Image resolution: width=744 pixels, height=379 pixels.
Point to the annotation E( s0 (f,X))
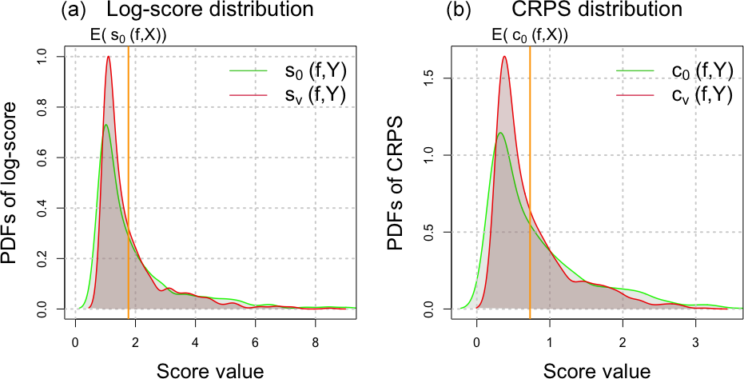coord(128,36)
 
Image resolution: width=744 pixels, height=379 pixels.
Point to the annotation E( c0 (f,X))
coord(531,36)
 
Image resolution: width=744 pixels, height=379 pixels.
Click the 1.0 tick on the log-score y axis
coord(53,57)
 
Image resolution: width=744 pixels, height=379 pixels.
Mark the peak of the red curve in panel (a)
coord(108,57)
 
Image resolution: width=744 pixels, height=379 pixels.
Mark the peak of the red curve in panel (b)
coord(504,56)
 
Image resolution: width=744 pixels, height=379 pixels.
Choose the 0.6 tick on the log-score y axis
coord(53,158)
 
